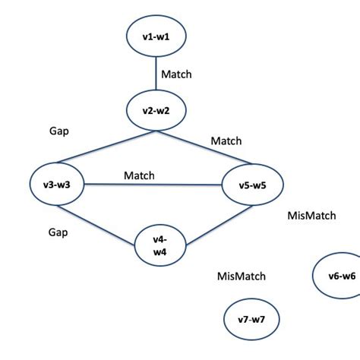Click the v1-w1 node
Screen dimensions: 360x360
pyautogui.click(x=156, y=35)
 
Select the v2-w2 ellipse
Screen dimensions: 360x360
pyautogui.click(x=156, y=110)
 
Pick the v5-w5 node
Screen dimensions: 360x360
pyautogui.click(x=251, y=185)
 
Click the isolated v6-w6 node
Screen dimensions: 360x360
pyautogui.click(x=337, y=276)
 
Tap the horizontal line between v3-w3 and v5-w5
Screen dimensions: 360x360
pyautogui.click(x=152, y=185)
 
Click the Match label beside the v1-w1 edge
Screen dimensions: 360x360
pyautogui.click(x=176, y=74)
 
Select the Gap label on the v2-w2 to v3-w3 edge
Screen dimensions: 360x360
pyautogui.click(x=58, y=131)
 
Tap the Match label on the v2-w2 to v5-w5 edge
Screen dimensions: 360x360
pyautogui.click(x=226, y=141)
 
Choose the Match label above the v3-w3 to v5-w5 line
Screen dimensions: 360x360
pyautogui.click(x=139, y=175)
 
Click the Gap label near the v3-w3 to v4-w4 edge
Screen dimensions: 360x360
pyautogui.click(x=57, y=232)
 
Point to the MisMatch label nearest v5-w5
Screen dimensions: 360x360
pyautogui.click(x=311, y=216)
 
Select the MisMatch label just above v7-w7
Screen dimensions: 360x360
pyautogui.click(x=241, y=276)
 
